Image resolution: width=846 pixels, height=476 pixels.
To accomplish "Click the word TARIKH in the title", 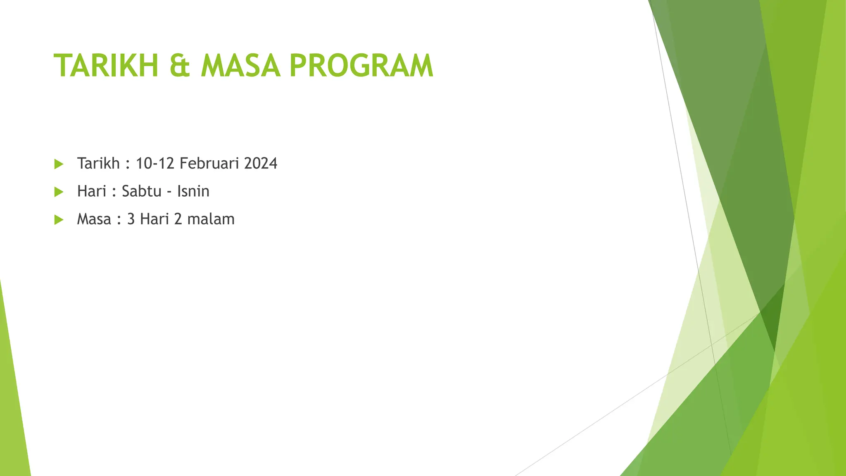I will tap(106, 66).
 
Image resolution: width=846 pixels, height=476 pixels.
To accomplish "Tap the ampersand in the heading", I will tap(180, 66).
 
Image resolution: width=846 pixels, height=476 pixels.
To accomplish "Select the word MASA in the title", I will tap(240, 66).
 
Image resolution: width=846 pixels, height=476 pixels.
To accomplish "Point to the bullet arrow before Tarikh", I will tap(59, 164).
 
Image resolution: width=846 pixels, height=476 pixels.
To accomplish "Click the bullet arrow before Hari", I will tap(59, 192).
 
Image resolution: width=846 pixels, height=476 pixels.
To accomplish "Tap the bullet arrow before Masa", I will tap(59, 219).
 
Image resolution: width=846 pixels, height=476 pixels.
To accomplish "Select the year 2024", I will tap(261, 164).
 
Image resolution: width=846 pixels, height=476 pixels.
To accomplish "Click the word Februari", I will tap(209, 164).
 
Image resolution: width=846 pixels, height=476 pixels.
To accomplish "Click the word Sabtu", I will tap(142, 191).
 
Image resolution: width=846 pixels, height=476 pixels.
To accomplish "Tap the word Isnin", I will tap(193, 191).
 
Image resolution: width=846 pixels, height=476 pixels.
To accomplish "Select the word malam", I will tap(211, 219).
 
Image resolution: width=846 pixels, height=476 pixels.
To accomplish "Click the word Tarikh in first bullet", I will tap(98, 164).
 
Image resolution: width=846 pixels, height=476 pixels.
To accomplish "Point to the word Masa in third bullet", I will tap(94, 219).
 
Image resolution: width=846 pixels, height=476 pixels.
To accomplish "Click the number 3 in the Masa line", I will tap(131, 219).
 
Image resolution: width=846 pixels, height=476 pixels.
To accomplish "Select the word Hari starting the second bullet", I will tap(92, 191).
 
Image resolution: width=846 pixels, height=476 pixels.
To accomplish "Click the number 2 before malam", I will tap(178, 219).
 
